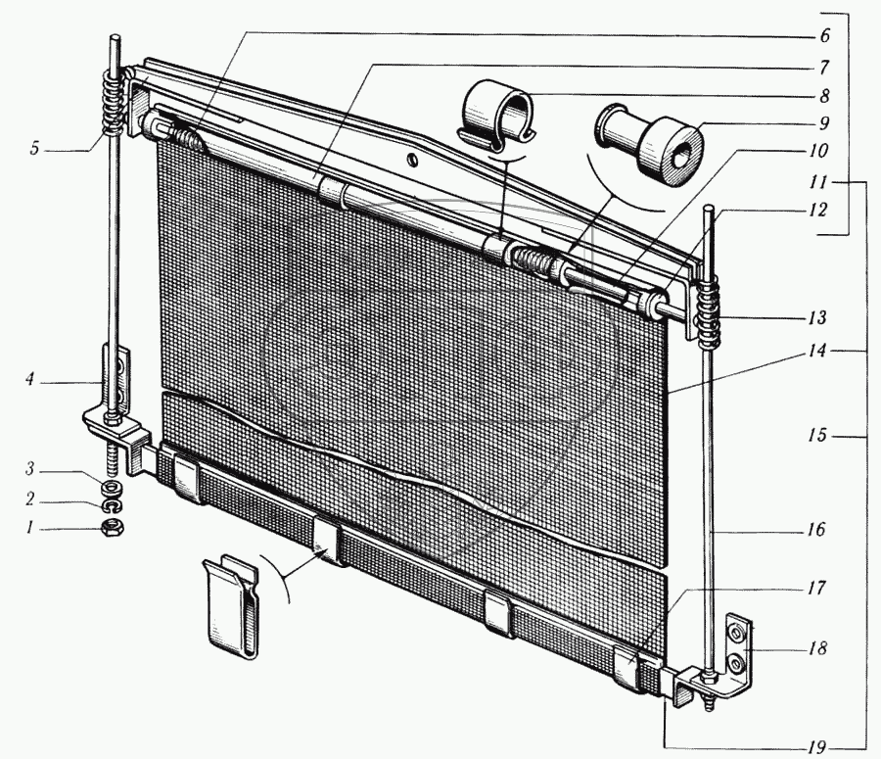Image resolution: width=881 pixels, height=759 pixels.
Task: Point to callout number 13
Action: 816,317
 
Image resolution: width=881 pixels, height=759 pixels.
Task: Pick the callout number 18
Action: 817,648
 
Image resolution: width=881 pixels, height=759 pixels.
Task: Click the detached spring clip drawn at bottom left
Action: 234,602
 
